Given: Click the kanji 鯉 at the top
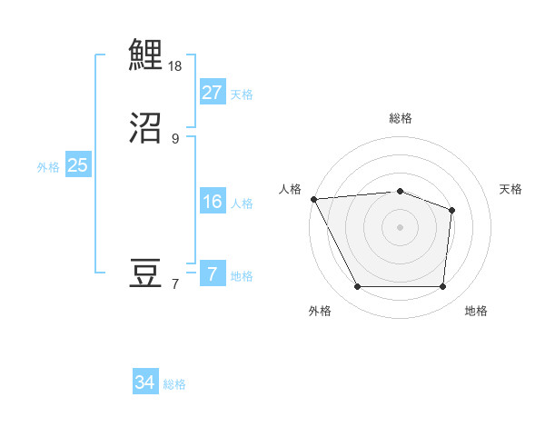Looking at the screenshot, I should click(145, 55).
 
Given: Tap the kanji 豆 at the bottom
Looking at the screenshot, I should click(145, 273).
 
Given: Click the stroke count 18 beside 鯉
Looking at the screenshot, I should click(175, 66).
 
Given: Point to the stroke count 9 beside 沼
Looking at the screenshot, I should click(175, 139).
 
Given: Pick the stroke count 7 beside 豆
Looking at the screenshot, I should click(175, 284).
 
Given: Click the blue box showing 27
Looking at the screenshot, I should click(212, 92).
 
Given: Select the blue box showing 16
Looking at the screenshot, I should click(212, 202).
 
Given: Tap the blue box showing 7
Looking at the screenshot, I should click(212, 274).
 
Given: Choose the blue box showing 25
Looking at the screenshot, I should click(77, 165).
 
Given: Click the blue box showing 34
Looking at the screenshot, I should click(144, 382).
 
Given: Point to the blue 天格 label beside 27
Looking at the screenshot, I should click(241, 94).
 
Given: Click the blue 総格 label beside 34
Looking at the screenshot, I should click(174, 385).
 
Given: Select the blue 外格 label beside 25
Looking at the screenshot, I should click(48, 167).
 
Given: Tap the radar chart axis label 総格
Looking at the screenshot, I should click(400, 118).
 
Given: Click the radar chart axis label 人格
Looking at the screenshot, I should click(290, 189).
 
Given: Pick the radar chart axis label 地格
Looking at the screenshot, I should click(476, 311).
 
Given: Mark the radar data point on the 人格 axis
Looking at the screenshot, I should click(313, 198).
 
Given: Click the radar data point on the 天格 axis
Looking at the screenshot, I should click(451, 210).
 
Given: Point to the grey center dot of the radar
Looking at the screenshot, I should click(400, 226).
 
